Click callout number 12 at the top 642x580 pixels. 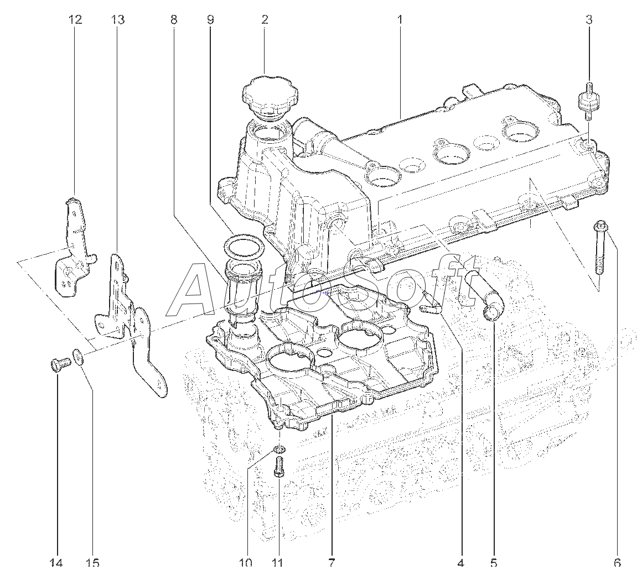point(75,20)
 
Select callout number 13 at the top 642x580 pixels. point(117,20)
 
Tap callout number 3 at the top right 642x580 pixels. point(589,20)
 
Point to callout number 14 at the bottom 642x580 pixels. point(56,563)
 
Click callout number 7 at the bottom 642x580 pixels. point(332,563)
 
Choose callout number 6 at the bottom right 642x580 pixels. point(617,563)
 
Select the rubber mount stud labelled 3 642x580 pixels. point(589,101)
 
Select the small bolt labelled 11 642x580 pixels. point(279,467)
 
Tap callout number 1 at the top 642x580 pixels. point(399,20)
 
